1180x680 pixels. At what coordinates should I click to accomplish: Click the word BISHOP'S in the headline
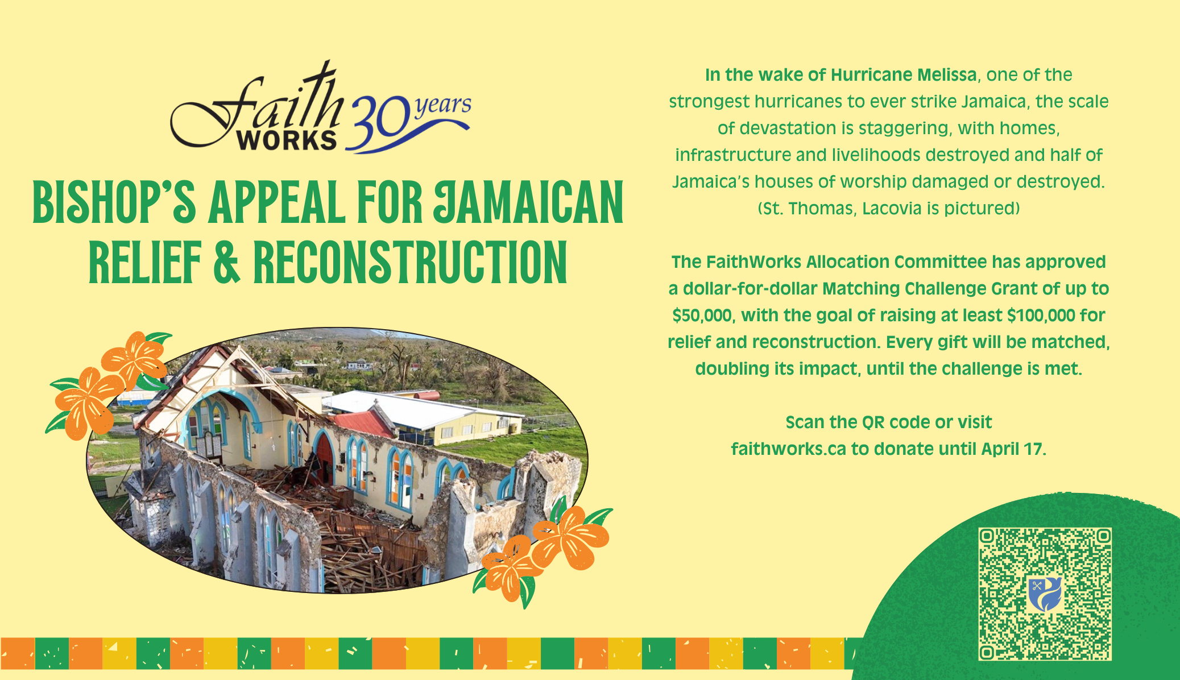click(x=114, y=202)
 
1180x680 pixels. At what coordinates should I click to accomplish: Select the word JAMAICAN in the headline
click(x=529, y=202)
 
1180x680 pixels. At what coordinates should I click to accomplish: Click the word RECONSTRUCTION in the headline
click(x=410, y=262)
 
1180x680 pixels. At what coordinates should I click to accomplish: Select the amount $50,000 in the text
click(x=704, y=316)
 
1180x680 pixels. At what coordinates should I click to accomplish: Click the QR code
click(x=1045, y=594)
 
